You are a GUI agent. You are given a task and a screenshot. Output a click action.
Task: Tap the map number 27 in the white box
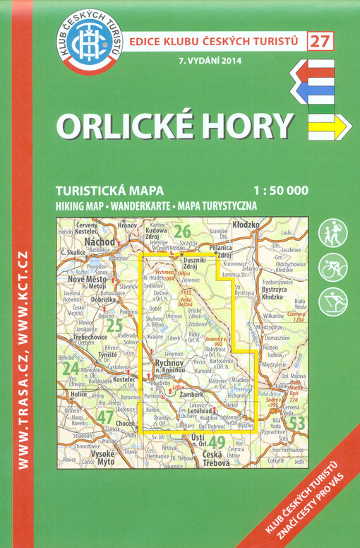(x=321, y=40)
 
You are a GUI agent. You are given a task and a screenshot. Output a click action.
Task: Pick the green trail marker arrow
(x=325, y=107)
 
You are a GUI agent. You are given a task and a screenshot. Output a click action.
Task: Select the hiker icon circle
(x=332, y=233)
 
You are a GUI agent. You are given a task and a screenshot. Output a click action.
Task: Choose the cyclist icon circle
(x=332, y=268)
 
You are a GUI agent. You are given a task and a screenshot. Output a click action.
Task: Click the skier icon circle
(x=332, y=302)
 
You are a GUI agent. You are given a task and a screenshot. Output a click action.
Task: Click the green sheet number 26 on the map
(x=183, y=230)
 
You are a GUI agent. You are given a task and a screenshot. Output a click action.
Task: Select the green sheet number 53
(x=297, y=423)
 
